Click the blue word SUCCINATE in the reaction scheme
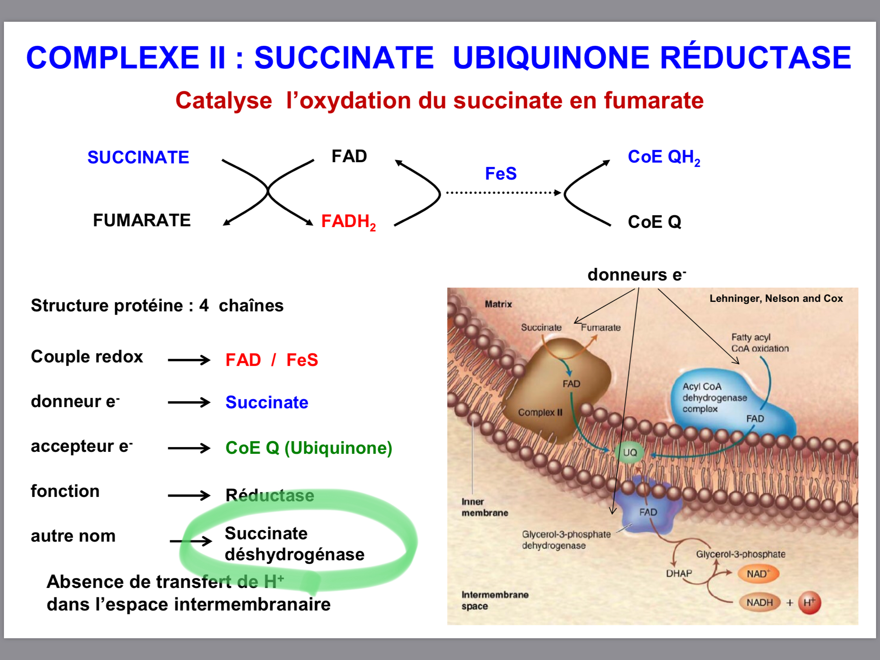click(138, 157)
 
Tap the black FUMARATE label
click(142, 220)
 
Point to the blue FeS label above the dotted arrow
click(501, 174)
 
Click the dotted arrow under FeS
click(503, 193)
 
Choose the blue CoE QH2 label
click(664, 157)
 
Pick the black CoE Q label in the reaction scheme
click(654, 222)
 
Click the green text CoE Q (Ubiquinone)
click(309, 448)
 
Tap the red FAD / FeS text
click(272, 360)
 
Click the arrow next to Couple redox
click(189, 360)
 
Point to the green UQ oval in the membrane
click(630, 453)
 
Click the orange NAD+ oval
click(758, 574)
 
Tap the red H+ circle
click(809, 603)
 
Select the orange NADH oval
click(759, 603)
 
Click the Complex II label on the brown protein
click(540, 413)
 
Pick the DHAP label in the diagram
click(679, 574)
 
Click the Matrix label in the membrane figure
click(498, 304)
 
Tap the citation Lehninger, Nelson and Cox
click(776, 299)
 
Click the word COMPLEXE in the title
click(113, 58)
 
